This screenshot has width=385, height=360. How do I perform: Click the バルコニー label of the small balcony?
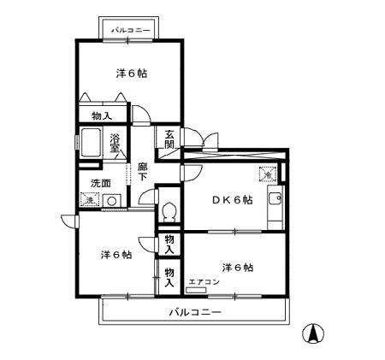coord(131,31)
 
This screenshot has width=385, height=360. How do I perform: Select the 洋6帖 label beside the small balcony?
coord(131,74)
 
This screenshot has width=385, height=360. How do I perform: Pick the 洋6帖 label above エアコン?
coord(238,267)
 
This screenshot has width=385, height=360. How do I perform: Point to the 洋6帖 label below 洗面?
coord(115,255)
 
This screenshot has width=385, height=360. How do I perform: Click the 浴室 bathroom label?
coord(115,142)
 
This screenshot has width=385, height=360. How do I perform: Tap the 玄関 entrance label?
coord(169,139)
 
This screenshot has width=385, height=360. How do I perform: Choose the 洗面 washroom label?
coord(100,183)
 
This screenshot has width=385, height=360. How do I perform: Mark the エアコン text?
coord(204,281)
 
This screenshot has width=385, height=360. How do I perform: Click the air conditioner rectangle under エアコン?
coord(197,291)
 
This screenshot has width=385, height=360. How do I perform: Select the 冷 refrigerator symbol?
coord(268,175)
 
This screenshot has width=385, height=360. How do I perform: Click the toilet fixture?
coord(169,209)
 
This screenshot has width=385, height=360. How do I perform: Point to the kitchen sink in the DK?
coord(275,201)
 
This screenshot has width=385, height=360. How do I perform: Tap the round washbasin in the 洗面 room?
coord(110,202)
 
